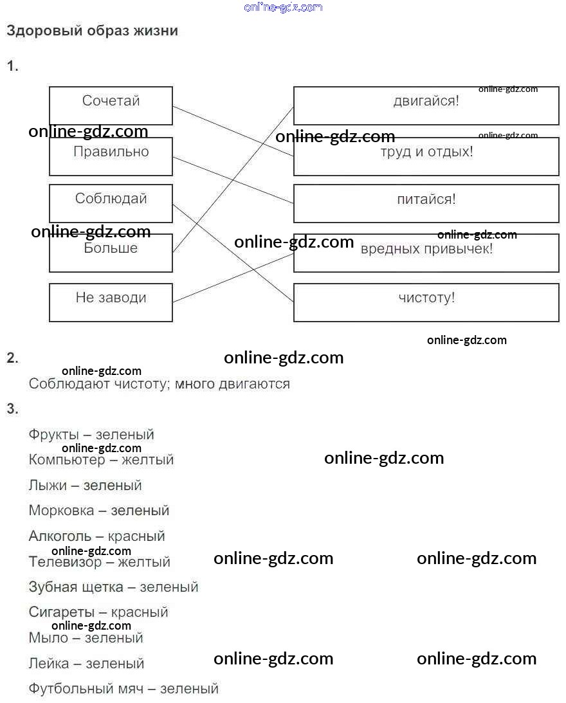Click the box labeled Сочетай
[111, 105]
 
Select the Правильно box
[111, 156]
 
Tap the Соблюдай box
[111, 203]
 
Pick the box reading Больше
[111, 252]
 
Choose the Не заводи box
[111, 302]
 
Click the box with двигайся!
[426, 105]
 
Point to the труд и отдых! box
[426, 156]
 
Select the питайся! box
[426, 203]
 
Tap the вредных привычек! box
[426, 252]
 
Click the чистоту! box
[426, 302]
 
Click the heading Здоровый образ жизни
[92, 30]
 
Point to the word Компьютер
[66, 460]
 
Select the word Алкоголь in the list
[60, 536]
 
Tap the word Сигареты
[61, 612]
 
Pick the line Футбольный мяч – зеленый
[123, 689]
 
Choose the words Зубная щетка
[76, 587]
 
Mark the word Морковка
[61, 511]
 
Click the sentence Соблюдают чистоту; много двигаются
[159, 384]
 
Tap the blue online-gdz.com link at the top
[283, 7]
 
